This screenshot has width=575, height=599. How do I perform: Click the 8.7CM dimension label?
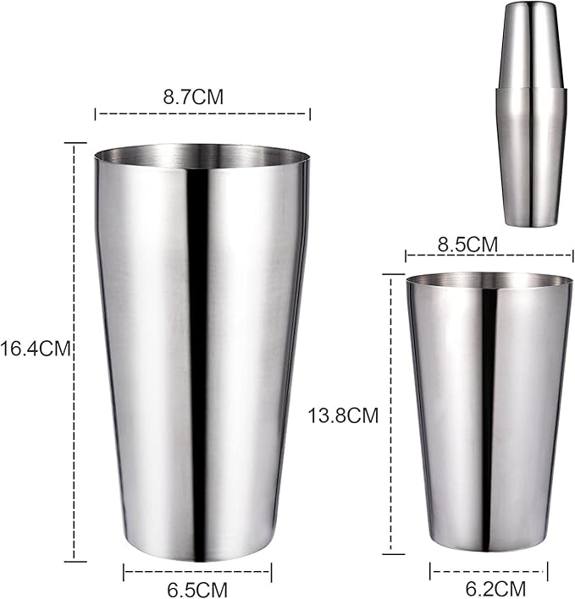(193, 96)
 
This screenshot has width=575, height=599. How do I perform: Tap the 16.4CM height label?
(34, 347)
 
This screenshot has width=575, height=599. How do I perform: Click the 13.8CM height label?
(342, 415)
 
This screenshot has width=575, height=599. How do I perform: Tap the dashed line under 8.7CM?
(202, 113)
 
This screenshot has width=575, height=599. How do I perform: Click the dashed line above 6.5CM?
(197, 573)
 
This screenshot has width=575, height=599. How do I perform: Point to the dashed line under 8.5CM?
(489, 255)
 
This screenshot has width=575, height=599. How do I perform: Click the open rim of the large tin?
(202, 156)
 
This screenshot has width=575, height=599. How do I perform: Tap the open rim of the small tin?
(489, 280)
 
